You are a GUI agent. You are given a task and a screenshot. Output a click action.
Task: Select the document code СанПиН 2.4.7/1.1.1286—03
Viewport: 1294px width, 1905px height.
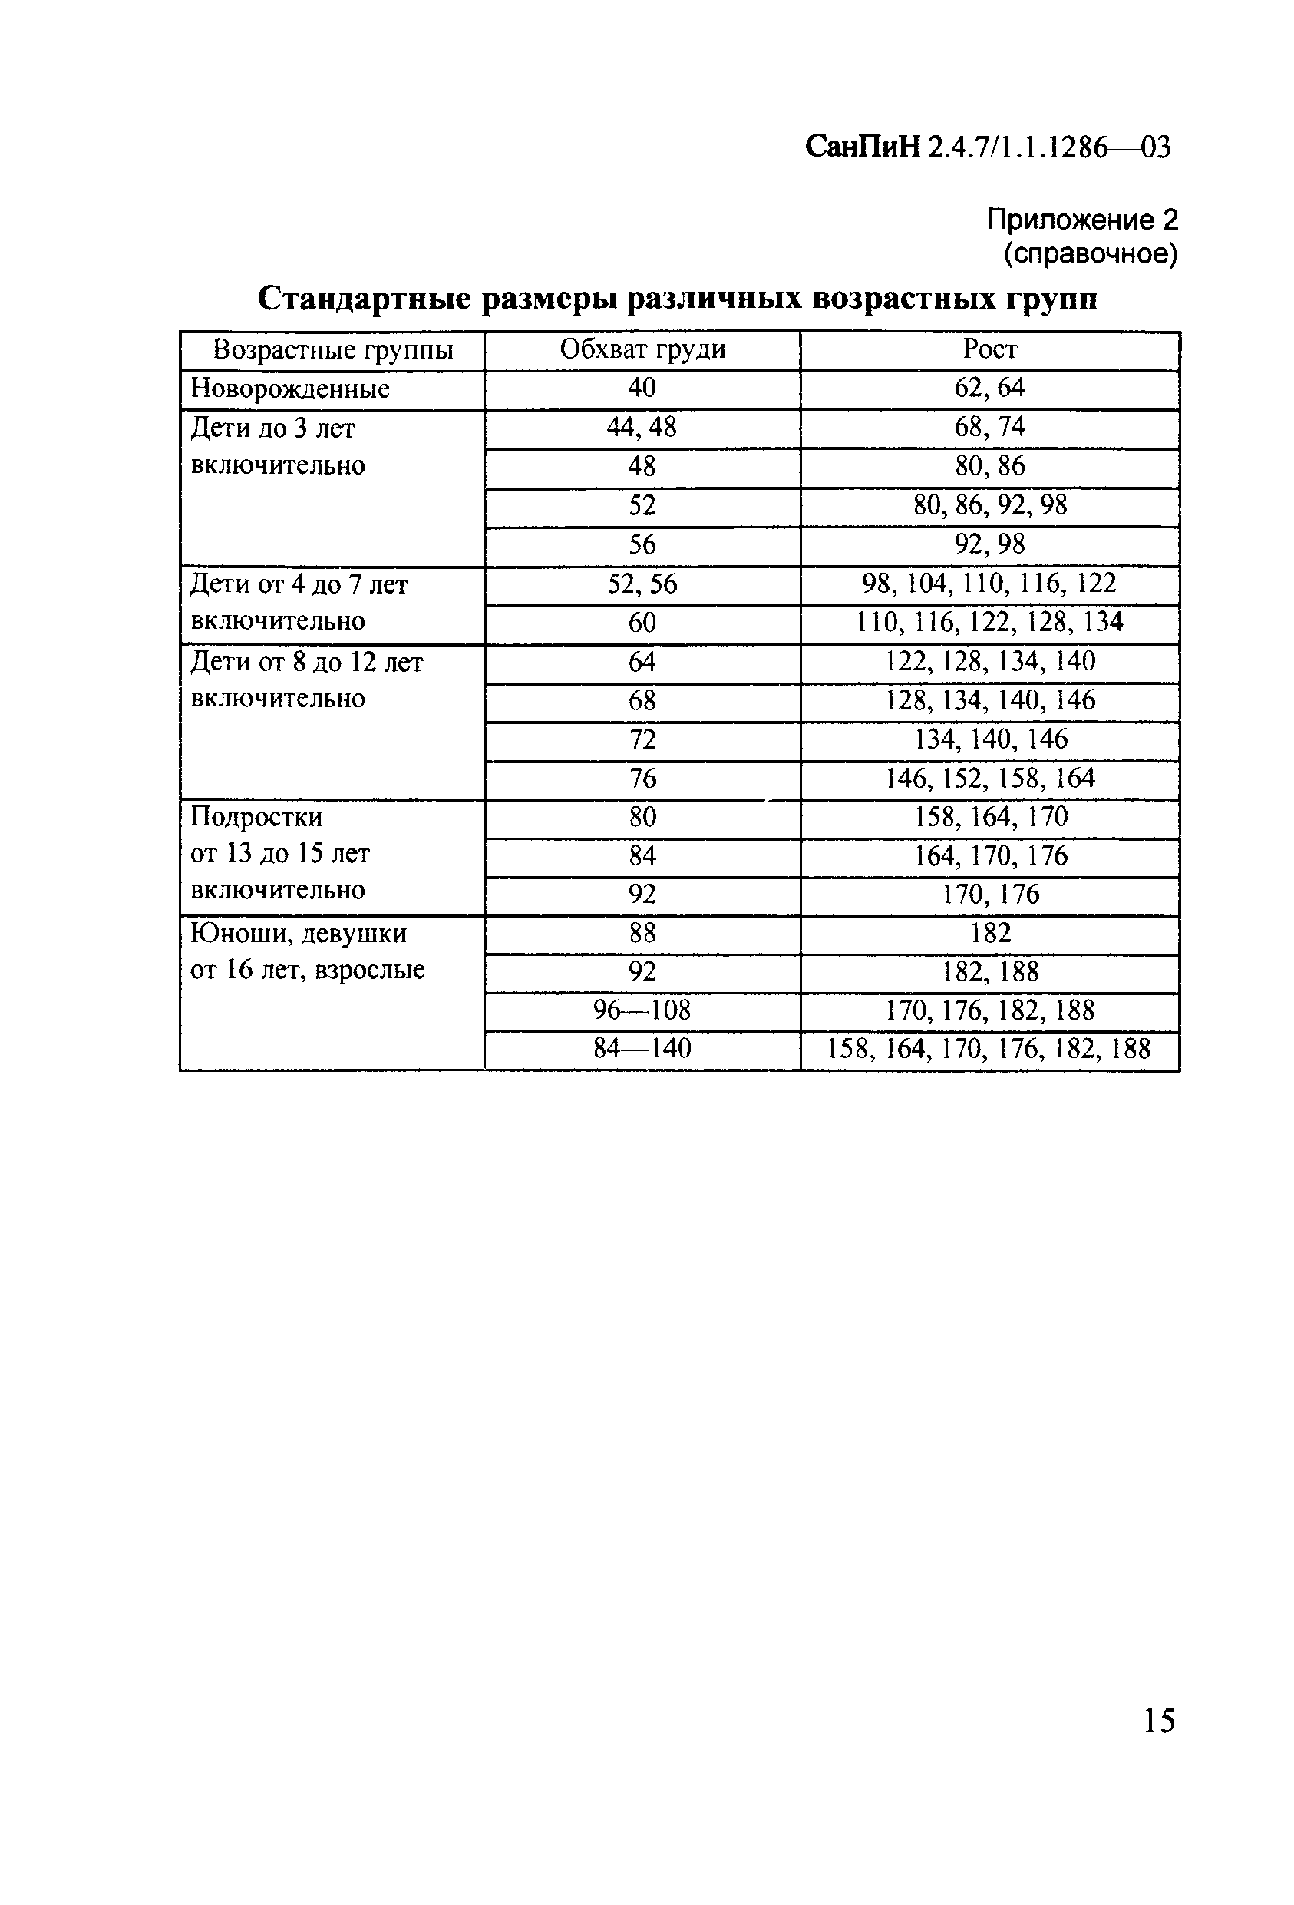[x=988, y=147]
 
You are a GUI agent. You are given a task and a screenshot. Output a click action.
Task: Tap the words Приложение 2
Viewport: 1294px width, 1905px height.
[x=1081, y=219]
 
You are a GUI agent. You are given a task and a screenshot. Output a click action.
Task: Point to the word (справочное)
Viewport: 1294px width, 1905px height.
[x=1091, y=254]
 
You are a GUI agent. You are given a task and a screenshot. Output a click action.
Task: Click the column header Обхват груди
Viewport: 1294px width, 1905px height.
[x=642, y=349]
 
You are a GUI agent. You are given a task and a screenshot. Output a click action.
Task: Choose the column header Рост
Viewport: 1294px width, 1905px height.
[x=990, y=349]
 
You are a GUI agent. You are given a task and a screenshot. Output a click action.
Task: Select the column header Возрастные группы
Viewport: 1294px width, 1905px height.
[x=333, y=350]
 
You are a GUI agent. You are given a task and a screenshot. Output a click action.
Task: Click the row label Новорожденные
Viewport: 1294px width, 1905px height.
[x=290, y=389]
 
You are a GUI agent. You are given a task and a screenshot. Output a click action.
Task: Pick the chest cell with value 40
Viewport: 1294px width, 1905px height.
[x=642, y=388]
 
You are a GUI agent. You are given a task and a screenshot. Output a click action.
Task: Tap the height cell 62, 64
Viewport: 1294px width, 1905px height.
[x=990, y=388]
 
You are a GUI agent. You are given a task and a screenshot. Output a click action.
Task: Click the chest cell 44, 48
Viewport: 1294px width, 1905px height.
[x=642, y=427]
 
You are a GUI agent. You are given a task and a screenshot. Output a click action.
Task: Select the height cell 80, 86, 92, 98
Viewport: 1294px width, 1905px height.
[x=990, y=505]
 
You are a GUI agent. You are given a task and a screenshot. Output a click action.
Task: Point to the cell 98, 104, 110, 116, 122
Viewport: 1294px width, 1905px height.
[x=989, y=583]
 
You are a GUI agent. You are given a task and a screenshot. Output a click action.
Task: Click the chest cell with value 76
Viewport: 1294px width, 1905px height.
[x=642, y=778]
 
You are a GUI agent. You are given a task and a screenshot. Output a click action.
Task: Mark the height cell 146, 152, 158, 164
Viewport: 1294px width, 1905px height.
[x=990, y=778]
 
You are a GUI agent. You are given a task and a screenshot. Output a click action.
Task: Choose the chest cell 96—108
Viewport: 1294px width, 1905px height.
[x=642, y=1010]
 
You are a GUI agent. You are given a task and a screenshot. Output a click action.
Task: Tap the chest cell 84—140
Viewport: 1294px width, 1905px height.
[x=642, y=1048]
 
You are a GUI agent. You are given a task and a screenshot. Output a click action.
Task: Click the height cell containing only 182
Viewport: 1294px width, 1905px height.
[x=990, y=933]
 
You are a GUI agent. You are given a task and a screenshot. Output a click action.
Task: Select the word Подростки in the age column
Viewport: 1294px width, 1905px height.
[x=256, y=817]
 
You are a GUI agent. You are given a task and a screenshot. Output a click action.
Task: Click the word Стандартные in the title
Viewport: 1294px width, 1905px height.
[x=365, y=299]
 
